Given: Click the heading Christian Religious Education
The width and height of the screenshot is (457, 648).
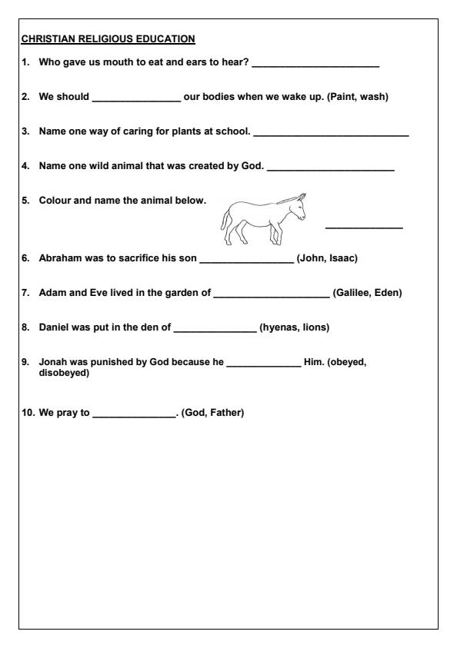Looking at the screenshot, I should point(108,38).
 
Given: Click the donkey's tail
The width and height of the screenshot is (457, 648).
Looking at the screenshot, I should point(225,224).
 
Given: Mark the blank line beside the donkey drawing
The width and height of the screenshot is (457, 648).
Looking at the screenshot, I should point(364,227).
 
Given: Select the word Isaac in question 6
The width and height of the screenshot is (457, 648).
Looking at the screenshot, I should point(342,258).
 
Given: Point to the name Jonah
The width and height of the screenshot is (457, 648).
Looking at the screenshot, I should point(52,362).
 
